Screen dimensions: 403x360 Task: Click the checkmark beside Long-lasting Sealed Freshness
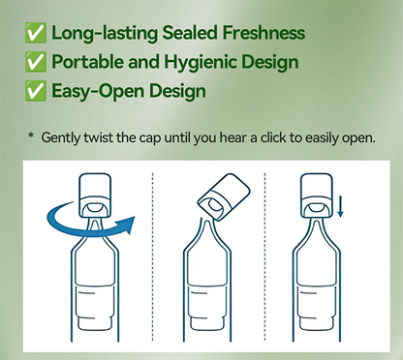pos(36,33)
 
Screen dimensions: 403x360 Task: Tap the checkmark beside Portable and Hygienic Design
pos(36,62)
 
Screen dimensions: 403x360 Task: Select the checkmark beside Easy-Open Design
pos(36,91)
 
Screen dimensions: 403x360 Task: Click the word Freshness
pos(263,33)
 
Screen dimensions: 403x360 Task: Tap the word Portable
pos(88,62)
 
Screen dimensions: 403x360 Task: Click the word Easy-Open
pos(98,91)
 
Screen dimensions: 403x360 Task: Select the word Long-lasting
pos(105,33)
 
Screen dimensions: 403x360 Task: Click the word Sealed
pos(190,33)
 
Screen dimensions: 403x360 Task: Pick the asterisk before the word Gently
pos(31,135)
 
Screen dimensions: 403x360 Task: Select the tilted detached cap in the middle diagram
pos(224,197)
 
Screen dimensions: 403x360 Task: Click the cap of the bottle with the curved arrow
pos(95,195)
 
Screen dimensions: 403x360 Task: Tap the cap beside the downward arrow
pos(317,195)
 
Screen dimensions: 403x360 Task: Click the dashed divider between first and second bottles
pos(153,256)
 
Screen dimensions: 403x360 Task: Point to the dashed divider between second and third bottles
pos(264,256)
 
